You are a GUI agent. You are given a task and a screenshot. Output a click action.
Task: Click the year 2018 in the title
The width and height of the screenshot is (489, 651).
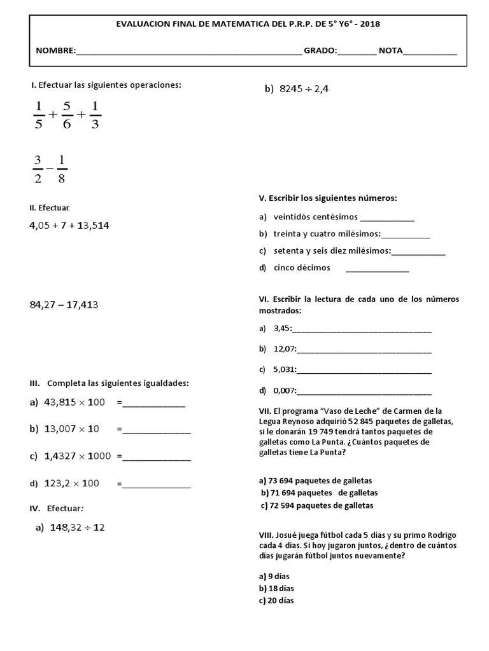point(369,24)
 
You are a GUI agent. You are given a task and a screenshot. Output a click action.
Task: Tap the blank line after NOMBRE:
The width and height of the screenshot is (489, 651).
point(188,51)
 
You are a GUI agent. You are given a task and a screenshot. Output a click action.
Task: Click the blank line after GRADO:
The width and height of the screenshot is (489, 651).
point(357,51)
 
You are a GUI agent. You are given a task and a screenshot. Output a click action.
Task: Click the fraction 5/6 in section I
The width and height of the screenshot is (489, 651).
point(67,114)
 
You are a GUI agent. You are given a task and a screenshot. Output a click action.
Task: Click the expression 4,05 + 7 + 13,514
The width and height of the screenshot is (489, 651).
point(73,225)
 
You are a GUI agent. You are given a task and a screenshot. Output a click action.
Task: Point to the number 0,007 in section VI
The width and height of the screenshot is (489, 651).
point(284,390)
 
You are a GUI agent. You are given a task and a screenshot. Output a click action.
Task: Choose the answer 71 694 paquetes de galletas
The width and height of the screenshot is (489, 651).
point(320,493)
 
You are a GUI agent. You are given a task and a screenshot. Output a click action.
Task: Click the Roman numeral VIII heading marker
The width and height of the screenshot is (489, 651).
point(266,535)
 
